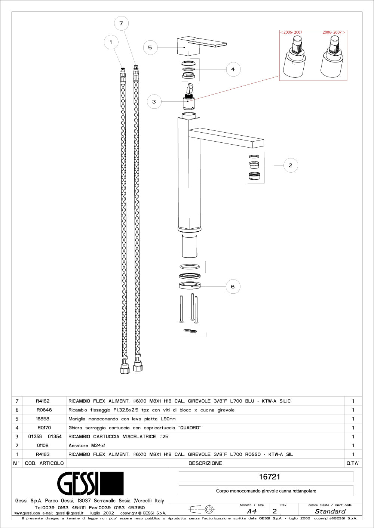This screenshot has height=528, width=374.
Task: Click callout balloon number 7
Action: click(x=121, y=24)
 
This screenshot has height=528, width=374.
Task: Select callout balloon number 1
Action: click(x=111, y=42)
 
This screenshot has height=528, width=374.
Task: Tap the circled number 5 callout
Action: click(x=150, y=47)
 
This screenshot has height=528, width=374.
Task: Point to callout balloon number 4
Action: click(x=233, y=69)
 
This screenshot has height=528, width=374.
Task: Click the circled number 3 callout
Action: click(x=154, y=102)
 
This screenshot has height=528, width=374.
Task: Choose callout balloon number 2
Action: click(x=291, y=165)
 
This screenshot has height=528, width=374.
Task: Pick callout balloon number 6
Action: click(x=233, y=287)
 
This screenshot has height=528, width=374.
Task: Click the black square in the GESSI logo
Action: click(x=111, y=483)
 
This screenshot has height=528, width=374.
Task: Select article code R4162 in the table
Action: click(x=43, y=401)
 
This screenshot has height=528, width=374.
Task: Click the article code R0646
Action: click(x=44, y=410)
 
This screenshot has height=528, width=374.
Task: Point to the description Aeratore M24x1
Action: click(x=87, y=445)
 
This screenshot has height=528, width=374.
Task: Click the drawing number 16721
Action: click(x=269, y=477)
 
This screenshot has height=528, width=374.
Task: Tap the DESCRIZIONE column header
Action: click(x=205, y=463)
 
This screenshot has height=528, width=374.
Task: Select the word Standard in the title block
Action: click(x=330, y=512)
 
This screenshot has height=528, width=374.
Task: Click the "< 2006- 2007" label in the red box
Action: click(x=291, y=33)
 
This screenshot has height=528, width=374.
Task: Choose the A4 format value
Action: click(x=252, y=512)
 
